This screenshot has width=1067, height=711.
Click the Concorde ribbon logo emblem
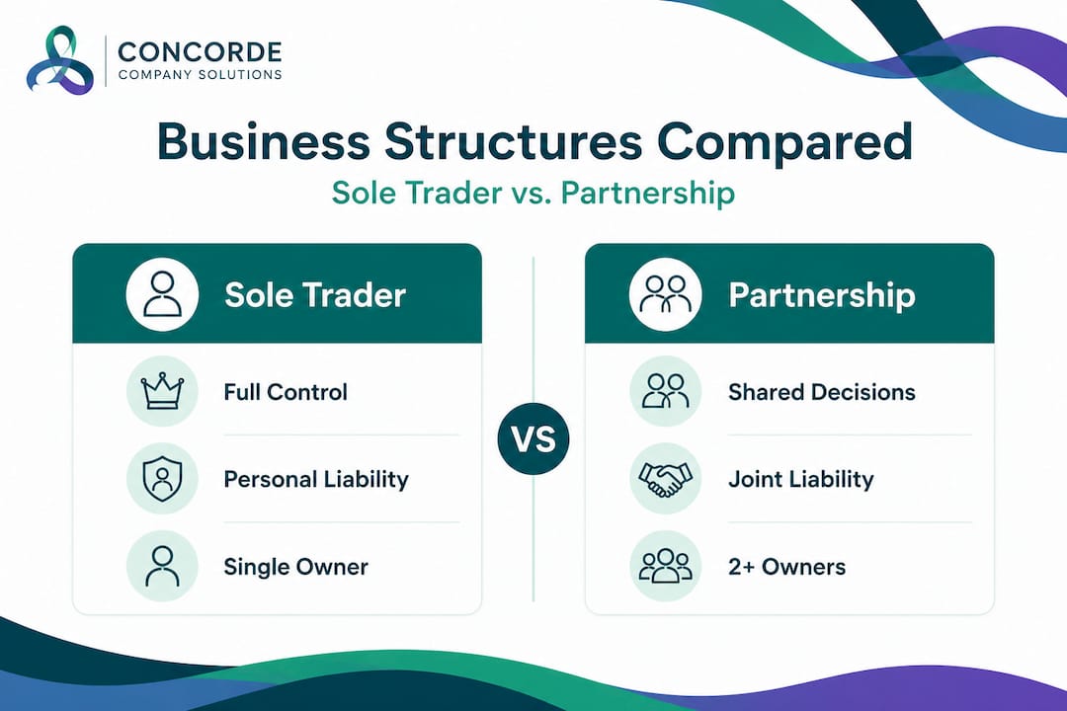pos(60,61)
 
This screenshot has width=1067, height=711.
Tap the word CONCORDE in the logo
pos(199,51)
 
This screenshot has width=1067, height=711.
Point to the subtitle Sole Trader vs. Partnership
pos(533,192)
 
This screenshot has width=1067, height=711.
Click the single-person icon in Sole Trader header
pos(162,294)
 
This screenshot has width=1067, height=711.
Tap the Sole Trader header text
pos(315,295)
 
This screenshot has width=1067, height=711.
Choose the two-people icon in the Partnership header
pos(665,294)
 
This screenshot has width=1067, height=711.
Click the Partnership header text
pos(822,295)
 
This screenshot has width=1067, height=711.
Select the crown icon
pos(162,392)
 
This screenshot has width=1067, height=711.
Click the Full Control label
pos(286,392)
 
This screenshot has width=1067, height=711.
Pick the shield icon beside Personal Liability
pos(162,479)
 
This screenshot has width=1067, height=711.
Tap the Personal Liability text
pos(316,480)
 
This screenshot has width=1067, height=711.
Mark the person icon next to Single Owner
pos(162,567)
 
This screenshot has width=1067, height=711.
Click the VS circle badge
pos(534,438)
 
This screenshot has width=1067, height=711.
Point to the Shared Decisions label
pos(822,392)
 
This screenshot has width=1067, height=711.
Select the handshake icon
pos(665,479)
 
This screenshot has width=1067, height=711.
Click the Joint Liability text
pos(801,480)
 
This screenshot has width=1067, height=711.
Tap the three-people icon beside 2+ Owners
pos(665,567)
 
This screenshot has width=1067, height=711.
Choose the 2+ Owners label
pos(786,567)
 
